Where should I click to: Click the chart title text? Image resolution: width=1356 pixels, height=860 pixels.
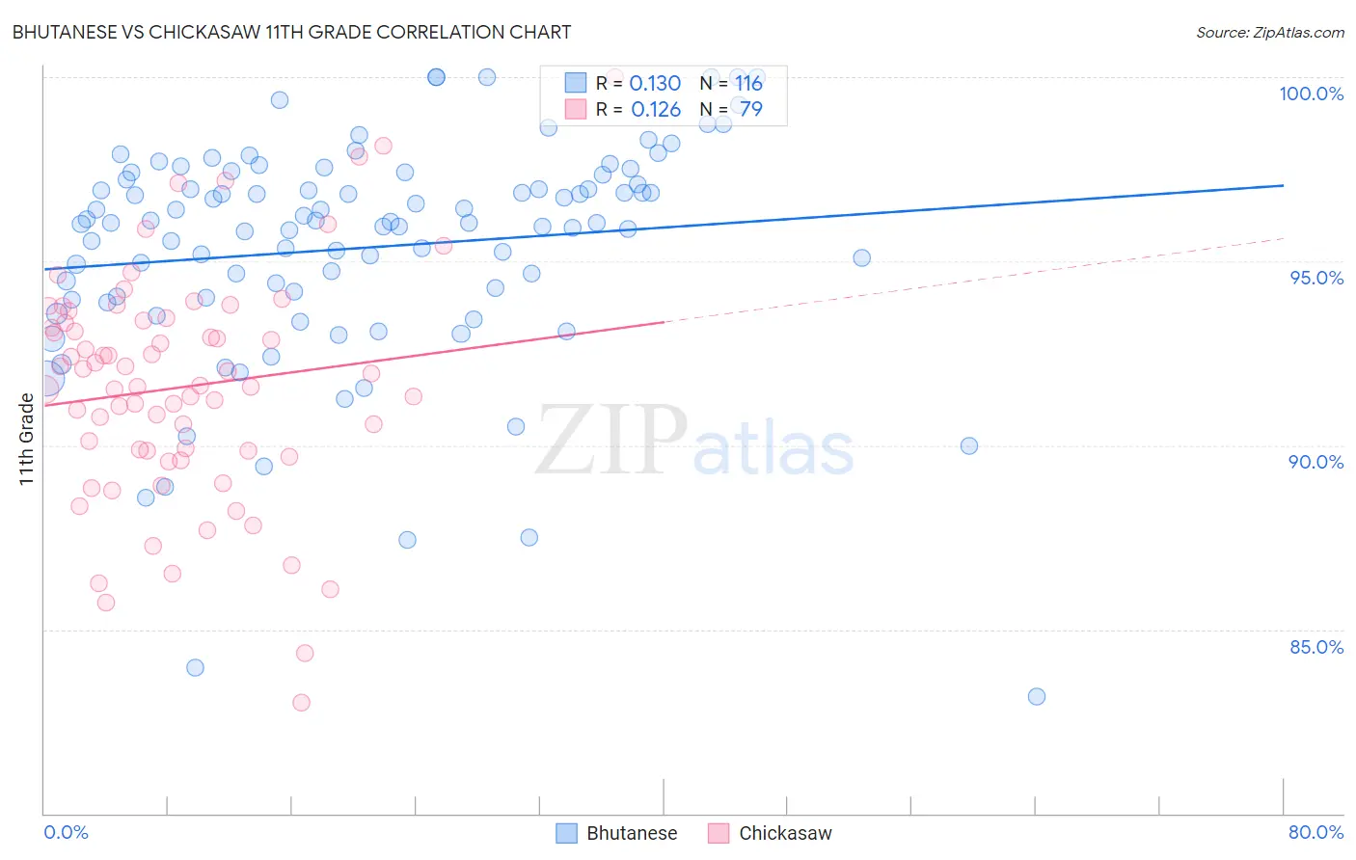(x=291, y=32)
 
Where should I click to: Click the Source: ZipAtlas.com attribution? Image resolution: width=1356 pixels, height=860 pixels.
(x=1269, y=32)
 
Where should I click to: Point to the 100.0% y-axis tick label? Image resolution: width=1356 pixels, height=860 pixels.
(x=1311, y=94)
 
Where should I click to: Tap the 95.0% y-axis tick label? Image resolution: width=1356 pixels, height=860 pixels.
(x=1316, y=278)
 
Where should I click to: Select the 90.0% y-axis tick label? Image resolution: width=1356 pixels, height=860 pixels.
(x=1315, y=462)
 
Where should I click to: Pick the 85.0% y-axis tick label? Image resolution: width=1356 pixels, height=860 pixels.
(x=1315, y=647)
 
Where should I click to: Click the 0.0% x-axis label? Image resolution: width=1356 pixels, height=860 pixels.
(x=66, y=832)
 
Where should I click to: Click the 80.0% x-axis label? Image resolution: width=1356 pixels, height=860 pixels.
(x=1315, y=832)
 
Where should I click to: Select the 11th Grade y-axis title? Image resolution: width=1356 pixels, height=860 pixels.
(x=26, y=439)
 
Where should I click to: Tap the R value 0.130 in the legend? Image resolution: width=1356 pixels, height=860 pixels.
(x=655, y=84)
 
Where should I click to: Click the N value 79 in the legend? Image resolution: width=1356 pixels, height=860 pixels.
(x=750, y=110)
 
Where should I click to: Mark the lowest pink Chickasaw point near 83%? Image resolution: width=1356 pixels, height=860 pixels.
(x=301, y=703)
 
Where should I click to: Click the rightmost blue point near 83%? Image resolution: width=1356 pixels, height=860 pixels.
(x=1037, y=696)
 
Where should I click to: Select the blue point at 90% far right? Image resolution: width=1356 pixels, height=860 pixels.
(x=969, y=445)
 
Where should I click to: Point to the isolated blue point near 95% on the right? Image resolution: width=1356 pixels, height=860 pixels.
(x=862, y=257)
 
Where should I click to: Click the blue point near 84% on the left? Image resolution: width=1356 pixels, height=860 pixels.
(x=195, y=667)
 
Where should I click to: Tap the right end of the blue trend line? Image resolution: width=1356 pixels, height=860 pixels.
(x=1283, y=185)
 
